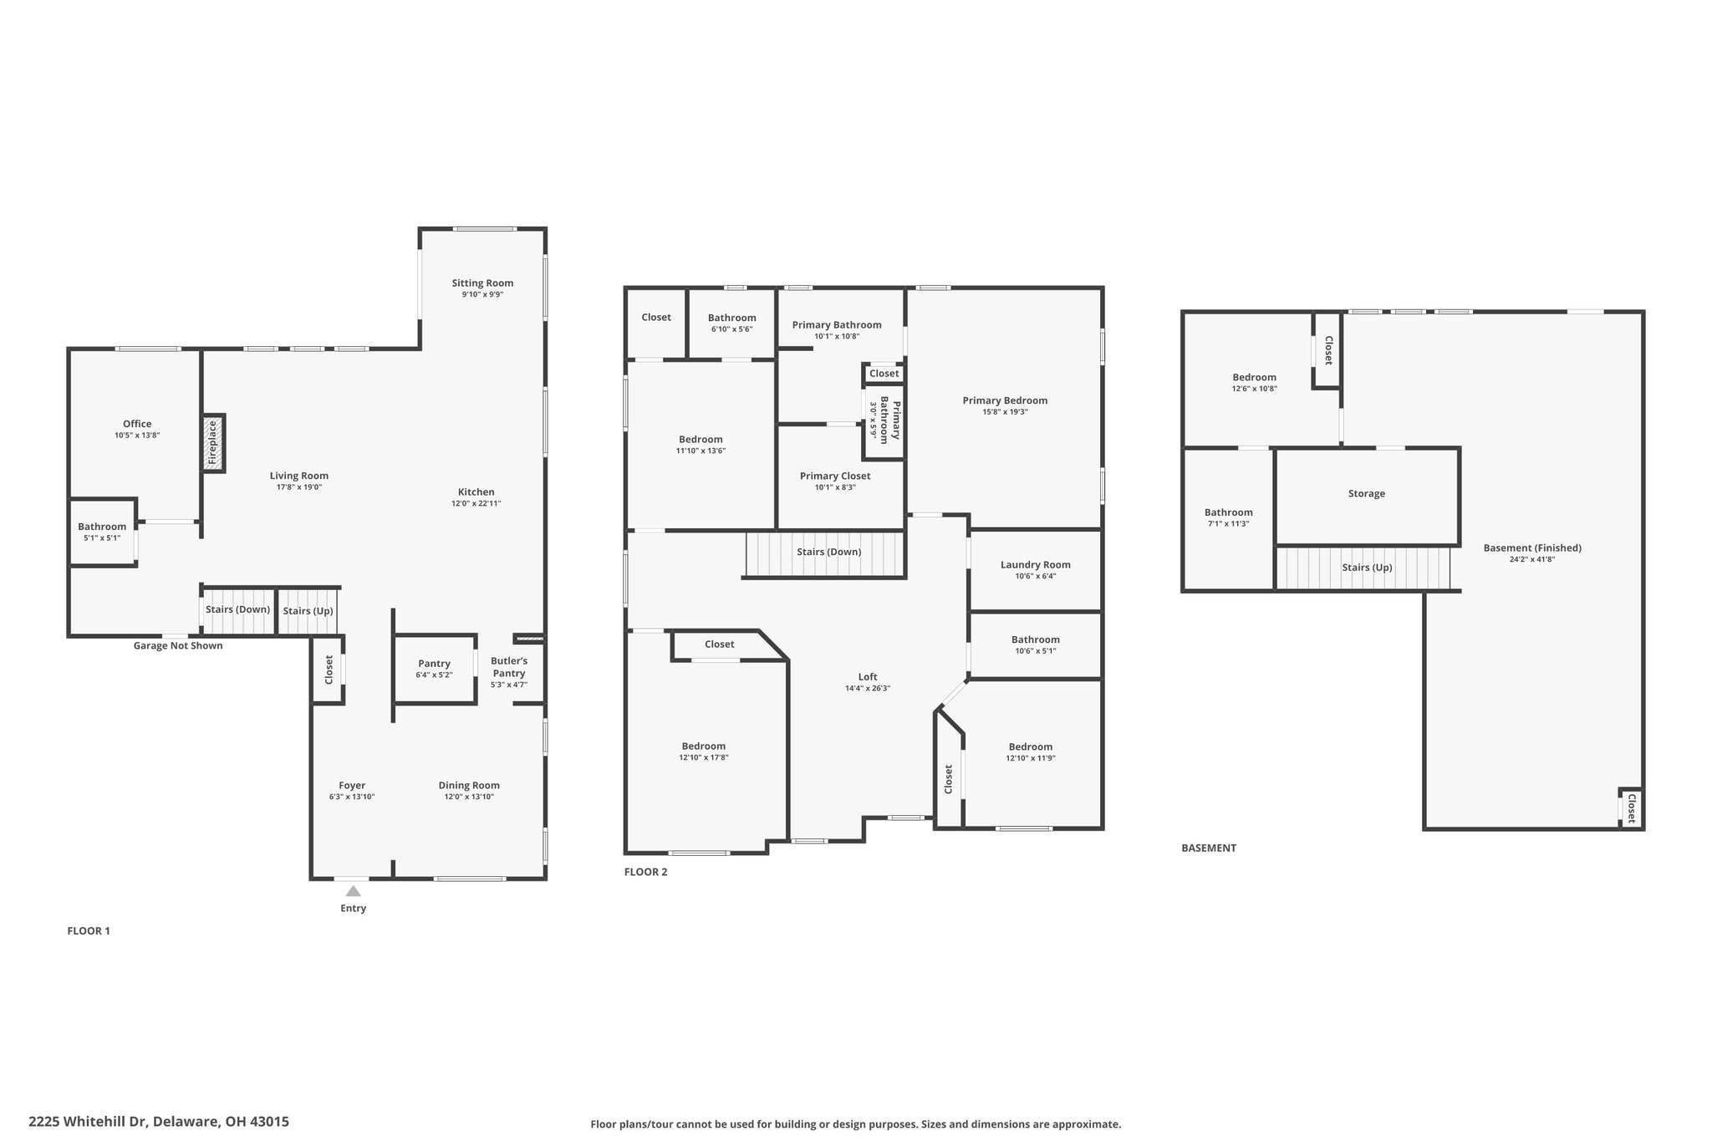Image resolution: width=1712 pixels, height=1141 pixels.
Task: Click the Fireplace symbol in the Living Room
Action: point(213,443)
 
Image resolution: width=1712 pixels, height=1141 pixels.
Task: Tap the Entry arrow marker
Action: point(354,891)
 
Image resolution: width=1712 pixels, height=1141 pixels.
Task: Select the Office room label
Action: point(137,424)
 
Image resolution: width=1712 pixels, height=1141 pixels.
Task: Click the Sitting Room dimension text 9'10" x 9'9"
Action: point(482,294)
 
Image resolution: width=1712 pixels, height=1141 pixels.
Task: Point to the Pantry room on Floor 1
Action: point(435,669)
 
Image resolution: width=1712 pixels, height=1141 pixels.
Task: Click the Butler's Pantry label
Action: point(509,667)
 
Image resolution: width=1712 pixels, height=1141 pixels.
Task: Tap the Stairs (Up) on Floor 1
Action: point(308,611)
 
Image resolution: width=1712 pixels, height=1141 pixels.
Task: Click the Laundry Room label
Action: point(1035,565)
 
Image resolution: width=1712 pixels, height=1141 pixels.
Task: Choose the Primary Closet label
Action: point(835,476)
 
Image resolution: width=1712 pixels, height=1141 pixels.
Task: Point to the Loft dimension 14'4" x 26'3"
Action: point(868,689)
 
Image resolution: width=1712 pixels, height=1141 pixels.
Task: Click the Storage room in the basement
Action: point(1367,497)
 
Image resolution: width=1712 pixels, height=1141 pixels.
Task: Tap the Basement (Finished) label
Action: point(1532,548)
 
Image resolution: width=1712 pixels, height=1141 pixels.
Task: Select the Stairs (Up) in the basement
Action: point(1363,568)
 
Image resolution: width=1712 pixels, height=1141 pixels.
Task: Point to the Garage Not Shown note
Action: point(178,645)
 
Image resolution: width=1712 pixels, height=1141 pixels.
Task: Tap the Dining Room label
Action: point(469,786)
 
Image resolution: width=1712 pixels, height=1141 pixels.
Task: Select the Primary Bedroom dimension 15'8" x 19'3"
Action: point(1005,412)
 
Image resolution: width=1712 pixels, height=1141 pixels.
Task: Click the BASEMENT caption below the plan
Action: point(1209,848)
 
